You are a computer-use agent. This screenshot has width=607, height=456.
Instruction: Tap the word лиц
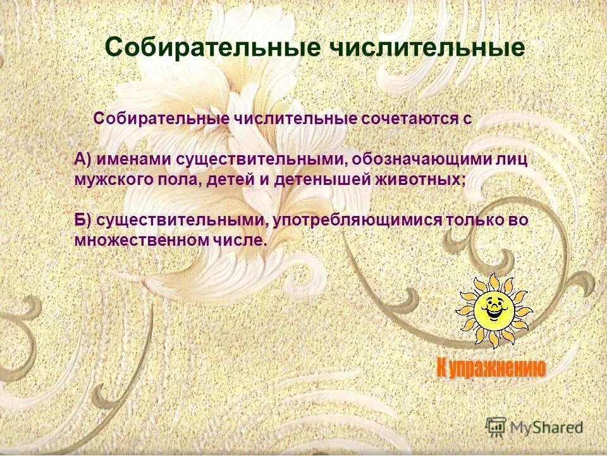510,159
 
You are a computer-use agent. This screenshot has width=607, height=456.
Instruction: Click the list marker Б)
83,220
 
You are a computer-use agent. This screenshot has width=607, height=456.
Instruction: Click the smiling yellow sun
494,310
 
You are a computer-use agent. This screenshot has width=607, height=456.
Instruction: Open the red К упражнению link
490,367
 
